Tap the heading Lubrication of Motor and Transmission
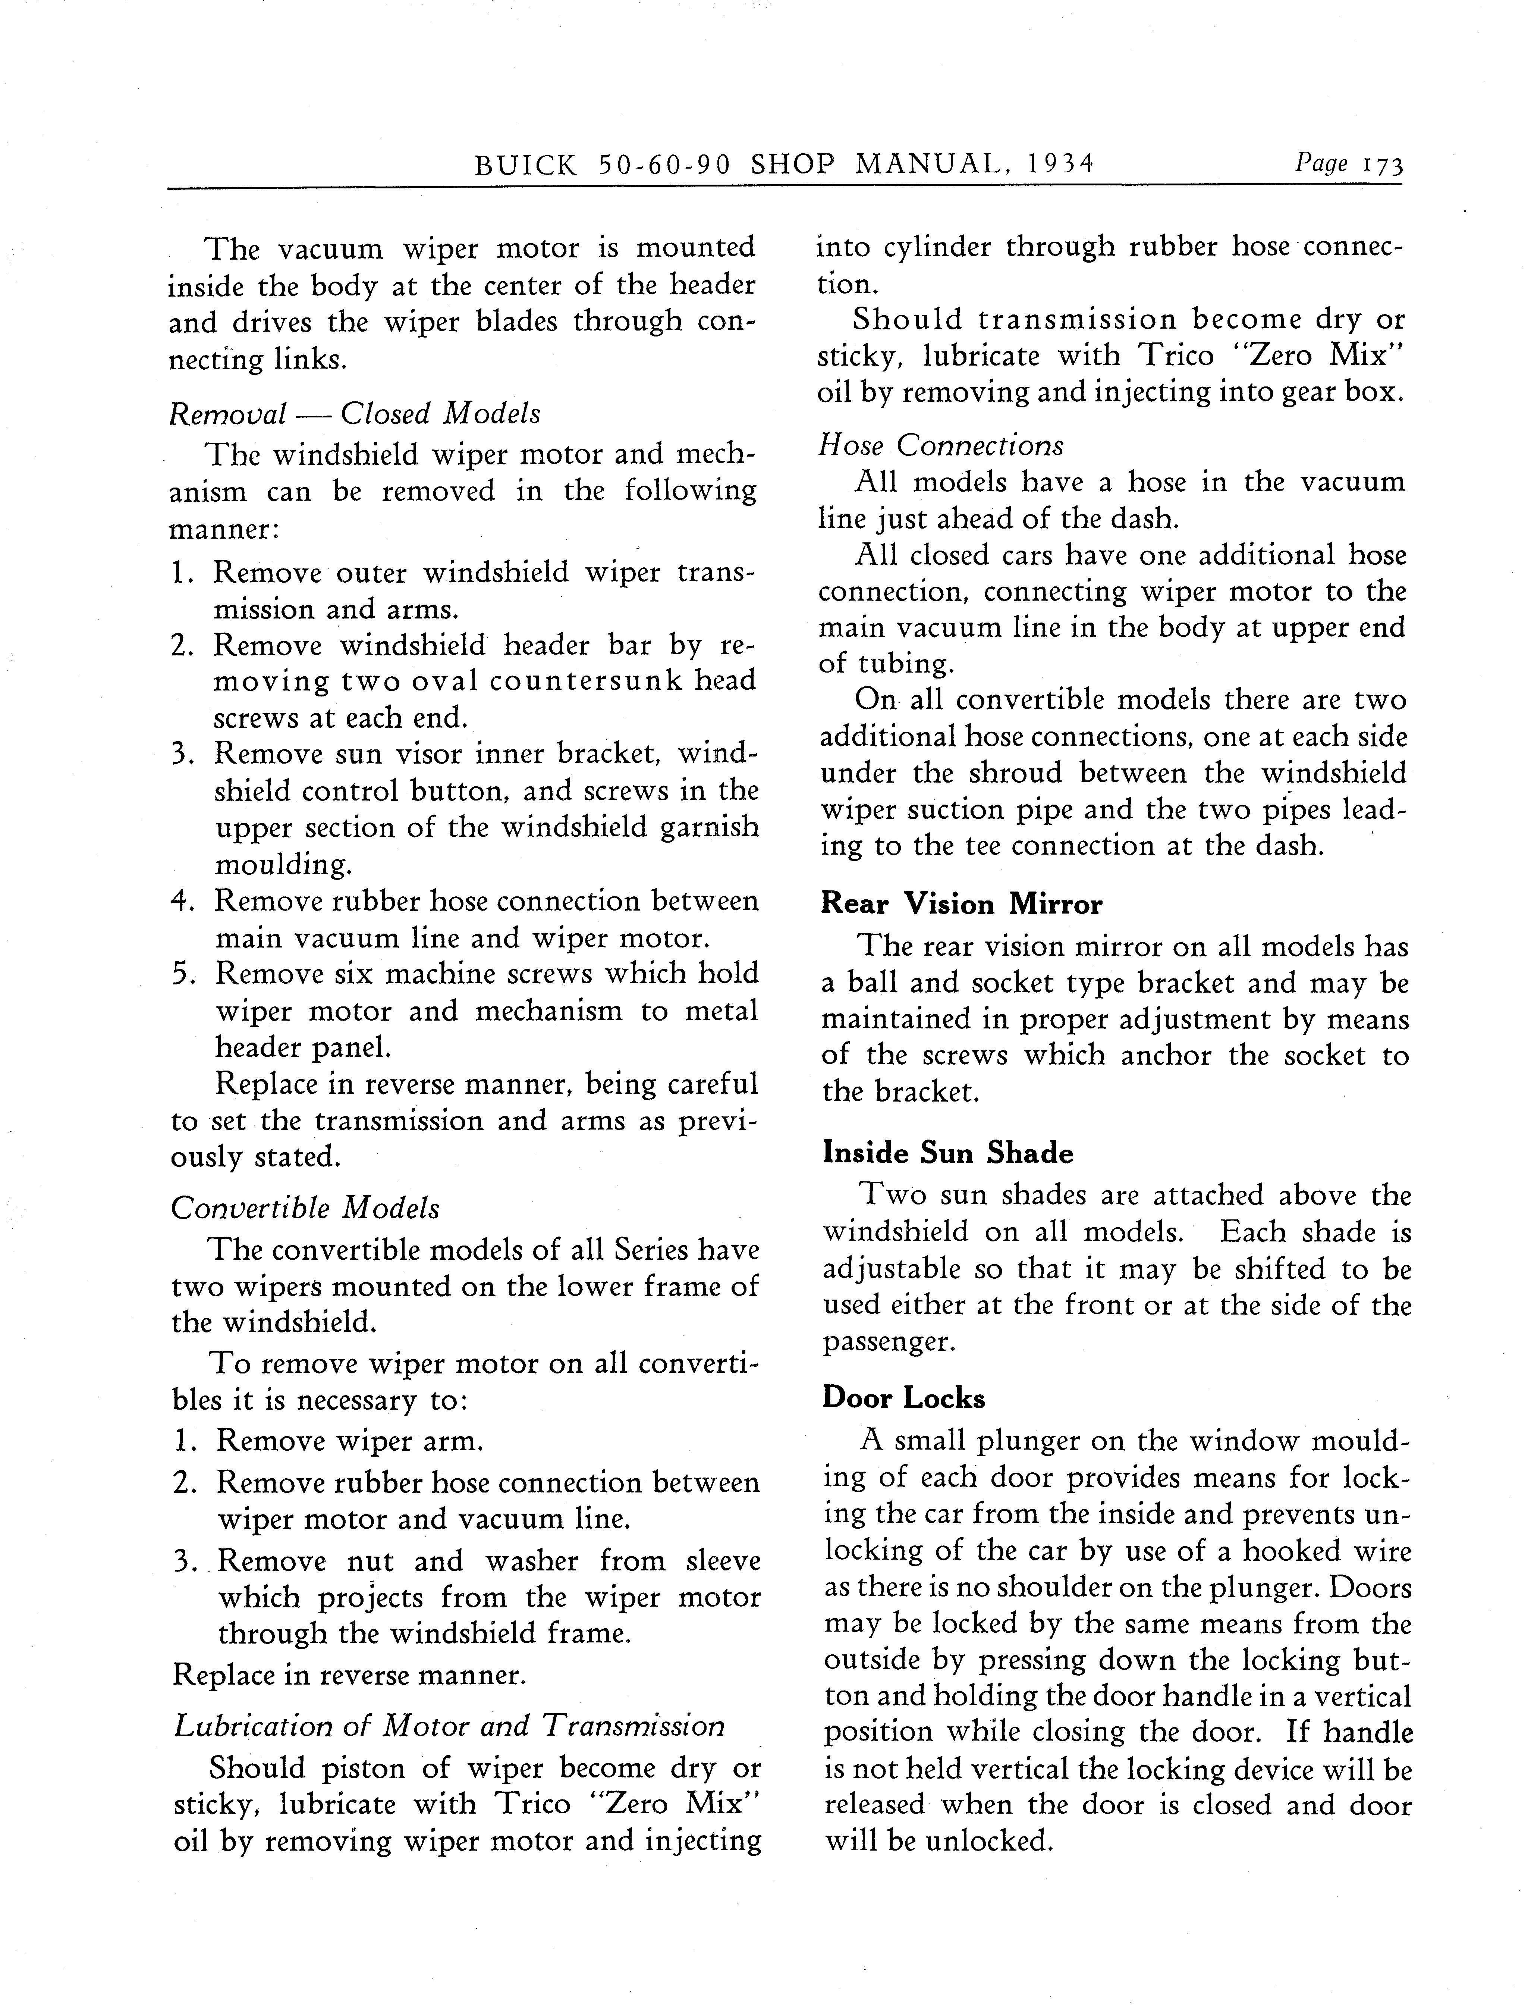[x=449, y=1726]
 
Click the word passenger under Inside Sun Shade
[x=893, y=1341]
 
